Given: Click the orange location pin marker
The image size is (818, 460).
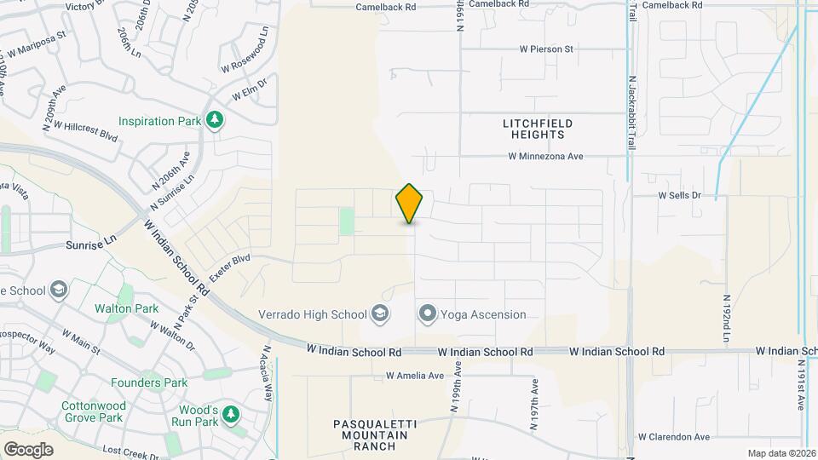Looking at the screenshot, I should [x=409, y=204].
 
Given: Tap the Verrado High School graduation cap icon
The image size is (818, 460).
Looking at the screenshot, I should [x=380, y=314].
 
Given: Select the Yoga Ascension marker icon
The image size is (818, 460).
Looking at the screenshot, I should [x=428, y=314].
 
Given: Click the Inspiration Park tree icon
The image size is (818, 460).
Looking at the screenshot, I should [x=216, y=121].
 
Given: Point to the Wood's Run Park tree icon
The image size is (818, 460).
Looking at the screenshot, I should [x=230, y=415].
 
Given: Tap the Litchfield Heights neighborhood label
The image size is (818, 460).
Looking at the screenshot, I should [x=538, y=129].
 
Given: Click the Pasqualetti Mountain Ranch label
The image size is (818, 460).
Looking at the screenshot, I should [x=371, y=434].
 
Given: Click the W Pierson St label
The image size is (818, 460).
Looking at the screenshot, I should [x=546, y=49].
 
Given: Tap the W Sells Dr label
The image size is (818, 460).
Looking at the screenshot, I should [x=678, y=195].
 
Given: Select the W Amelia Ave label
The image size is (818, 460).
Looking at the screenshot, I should [x=415, y=375].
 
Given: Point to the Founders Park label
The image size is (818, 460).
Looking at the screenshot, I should [x=149, y=382].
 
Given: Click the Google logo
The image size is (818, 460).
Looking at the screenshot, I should [x=28, y=449].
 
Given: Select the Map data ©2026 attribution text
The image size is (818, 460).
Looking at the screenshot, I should [x=781, y=453].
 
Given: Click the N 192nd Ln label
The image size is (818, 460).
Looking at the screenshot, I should [x=727, y=319].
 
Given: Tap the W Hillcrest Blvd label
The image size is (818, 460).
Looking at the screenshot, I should [x=85, y=129].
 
